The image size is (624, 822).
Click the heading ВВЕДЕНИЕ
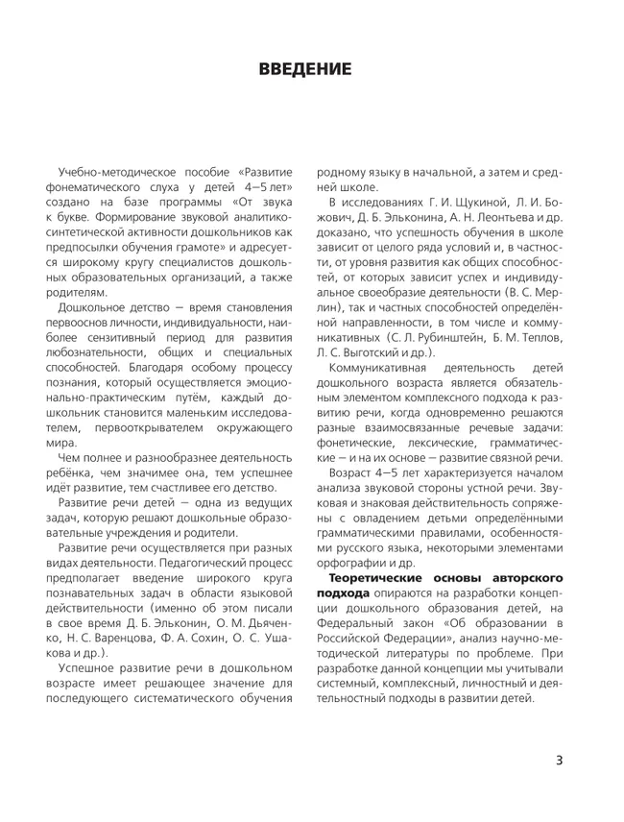pyautogui.click(x=305, y=69)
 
